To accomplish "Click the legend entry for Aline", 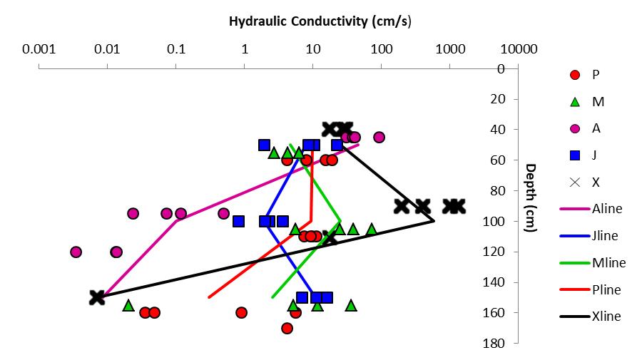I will point(606,209).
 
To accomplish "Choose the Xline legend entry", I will point(606,316).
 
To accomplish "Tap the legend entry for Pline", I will point(606,289).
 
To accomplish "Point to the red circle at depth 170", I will point(287,329).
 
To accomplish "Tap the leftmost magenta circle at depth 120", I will point(76,252).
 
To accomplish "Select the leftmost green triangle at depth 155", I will point(128,305).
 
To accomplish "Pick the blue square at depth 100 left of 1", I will point(238,221).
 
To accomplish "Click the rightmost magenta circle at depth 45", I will point(379,137).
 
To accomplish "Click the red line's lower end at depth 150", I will point(209,297).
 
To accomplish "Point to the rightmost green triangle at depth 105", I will point(372,229).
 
